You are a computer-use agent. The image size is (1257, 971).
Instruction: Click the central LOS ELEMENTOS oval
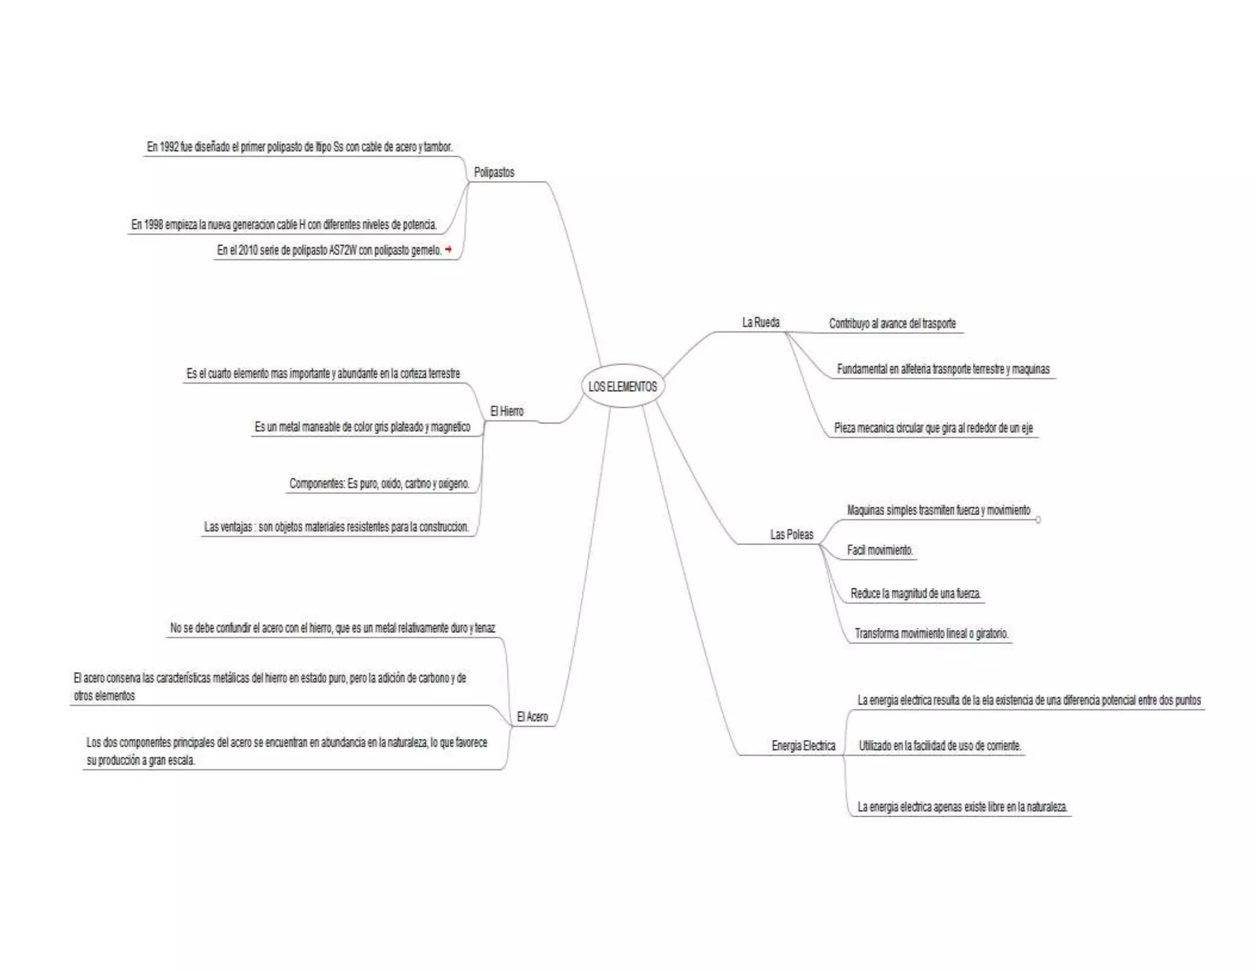click(x=622, y=386)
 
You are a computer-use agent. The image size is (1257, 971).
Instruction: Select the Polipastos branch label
click(x=494, y=172)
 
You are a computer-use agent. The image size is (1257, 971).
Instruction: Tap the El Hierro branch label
click(x=506, y=411)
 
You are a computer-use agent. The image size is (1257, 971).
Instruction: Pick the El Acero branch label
click(x=532, y=716)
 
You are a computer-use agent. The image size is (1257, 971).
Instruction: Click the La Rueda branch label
click(x=760, y=322)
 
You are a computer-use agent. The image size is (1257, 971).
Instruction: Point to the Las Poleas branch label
click(x=792, y=535)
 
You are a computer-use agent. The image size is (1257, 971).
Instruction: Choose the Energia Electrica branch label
click(x=803, y=746)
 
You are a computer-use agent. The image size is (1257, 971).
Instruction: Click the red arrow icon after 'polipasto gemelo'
click(x=449, y=249)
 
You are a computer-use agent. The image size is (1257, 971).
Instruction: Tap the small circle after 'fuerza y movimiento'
click(x=1038, y=520)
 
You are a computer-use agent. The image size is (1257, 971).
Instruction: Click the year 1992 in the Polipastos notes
click(x=169, y=147)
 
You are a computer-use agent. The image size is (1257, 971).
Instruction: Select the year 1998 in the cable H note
click(x=153, y=225)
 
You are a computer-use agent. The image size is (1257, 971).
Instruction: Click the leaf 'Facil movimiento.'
click(x=880, y=550)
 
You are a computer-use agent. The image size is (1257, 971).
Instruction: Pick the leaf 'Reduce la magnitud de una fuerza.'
click(x=915, y=594)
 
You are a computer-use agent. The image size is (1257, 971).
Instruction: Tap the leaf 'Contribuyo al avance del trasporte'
click(x=892, y=323)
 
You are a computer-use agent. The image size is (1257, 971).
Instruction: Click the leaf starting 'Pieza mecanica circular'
click(x=933, y=428)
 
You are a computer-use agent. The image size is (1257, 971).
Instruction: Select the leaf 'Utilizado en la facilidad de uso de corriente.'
click(x=940, y=746)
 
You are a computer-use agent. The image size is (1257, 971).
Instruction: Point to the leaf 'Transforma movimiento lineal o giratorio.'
click(x=931, y=633)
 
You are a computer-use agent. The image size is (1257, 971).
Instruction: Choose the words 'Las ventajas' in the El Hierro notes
click(x=228, y=527)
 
